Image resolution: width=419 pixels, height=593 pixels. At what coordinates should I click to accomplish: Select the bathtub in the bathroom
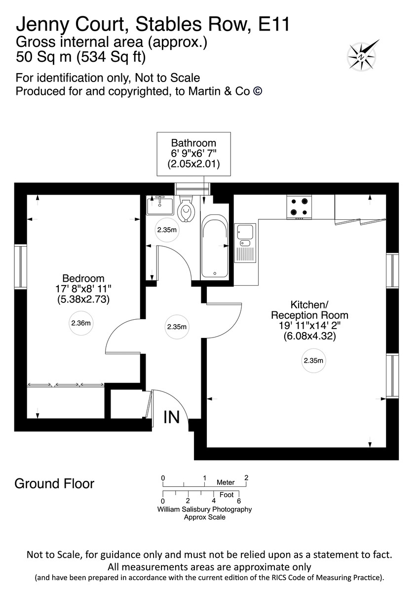click(214, 247)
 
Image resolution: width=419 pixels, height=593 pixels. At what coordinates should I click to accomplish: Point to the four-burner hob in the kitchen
click(300, 207)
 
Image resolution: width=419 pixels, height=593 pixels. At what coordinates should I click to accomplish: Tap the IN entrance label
click(172, 418)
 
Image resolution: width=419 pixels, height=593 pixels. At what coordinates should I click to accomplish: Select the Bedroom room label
click(83, 278)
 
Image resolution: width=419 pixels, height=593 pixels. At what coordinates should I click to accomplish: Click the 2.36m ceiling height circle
click(81, 324)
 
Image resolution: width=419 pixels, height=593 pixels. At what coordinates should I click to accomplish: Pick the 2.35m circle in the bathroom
click(167, 230)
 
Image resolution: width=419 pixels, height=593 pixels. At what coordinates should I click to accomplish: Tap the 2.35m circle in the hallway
click(177, 327)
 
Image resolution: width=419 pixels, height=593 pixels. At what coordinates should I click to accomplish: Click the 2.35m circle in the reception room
click(314, 361)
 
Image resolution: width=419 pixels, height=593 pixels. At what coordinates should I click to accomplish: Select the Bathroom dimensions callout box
click(194, 154)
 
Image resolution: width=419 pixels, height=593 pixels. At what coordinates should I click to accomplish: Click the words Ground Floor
click(54, 483)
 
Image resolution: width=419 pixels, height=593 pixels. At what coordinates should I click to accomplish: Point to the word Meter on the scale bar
click(225, 482)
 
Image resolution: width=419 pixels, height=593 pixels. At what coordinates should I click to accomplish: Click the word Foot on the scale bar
click(227, 494)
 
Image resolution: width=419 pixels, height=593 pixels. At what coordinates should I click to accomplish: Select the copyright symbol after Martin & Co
click(257, 91)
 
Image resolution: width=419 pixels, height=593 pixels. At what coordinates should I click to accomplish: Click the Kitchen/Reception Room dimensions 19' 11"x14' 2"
click(309, 326)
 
